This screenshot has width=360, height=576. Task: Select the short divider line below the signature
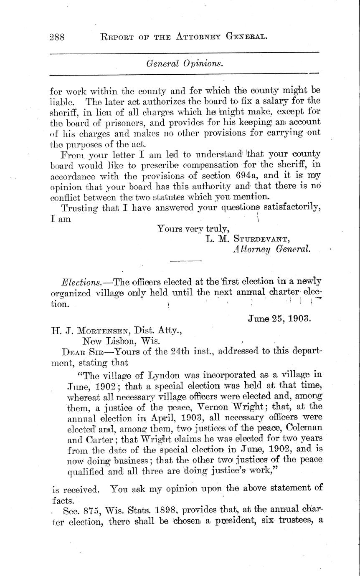[185, 261]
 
